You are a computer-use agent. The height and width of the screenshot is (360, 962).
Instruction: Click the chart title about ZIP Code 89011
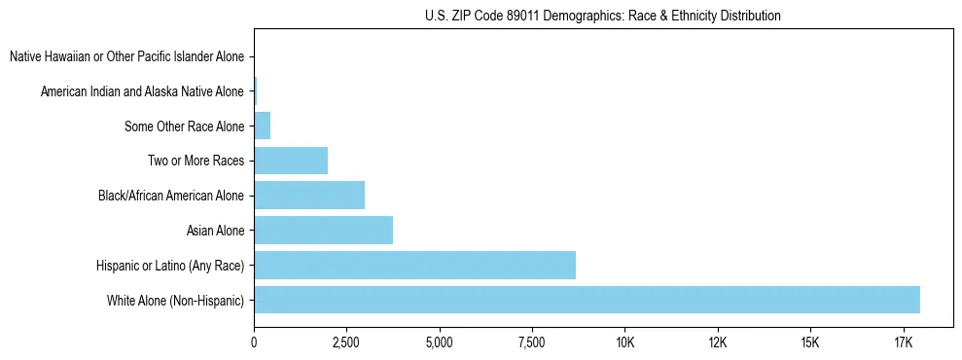point(603,16)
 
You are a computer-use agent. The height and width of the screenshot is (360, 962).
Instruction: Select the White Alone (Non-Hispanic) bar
point(587,300)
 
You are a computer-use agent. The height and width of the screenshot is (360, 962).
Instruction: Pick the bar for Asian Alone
point(323,231)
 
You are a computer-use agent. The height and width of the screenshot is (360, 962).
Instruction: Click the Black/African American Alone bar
point(309,196)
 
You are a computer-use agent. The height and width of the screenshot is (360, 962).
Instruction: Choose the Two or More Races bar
point(291,161)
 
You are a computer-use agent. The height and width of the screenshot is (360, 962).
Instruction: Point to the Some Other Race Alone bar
point(262,126)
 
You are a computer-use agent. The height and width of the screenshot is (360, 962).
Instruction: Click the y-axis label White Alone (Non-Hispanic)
point(176,301)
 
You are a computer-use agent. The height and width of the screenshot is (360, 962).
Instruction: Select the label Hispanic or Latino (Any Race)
point(170,266)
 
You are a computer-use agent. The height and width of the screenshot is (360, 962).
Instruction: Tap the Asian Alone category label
point(215,231)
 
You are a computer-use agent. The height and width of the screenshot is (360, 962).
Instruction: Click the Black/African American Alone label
point(171,196)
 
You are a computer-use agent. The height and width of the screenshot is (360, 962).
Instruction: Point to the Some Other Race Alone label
point(184,126)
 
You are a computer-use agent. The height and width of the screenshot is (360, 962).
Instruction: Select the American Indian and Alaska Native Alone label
point(142,91)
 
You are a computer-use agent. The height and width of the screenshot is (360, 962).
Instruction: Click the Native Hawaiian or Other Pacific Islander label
point(126,56)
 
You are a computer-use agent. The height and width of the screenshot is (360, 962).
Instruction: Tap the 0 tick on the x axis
point(254,342)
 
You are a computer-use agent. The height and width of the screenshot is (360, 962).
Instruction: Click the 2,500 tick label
point(346,342)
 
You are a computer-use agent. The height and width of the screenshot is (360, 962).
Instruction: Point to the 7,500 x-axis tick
point(532,342)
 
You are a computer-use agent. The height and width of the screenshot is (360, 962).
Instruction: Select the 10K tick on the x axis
point(624,342)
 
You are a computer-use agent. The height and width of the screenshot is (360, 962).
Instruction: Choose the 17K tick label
point(903,342)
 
